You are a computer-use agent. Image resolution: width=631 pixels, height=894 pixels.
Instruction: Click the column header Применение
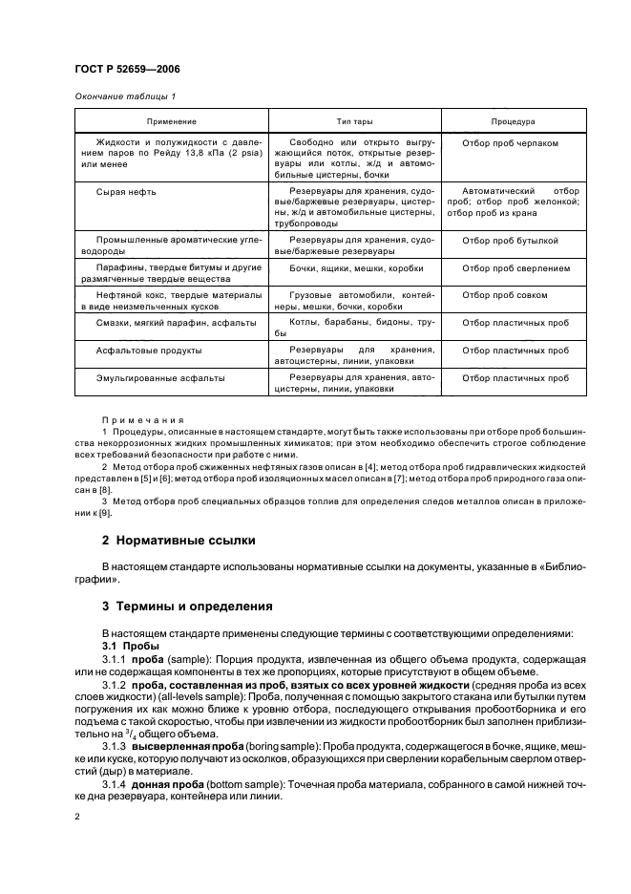coord(172,122)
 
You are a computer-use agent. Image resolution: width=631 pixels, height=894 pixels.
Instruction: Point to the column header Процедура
coord(513,122)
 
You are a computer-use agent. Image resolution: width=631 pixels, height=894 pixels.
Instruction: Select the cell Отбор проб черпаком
coord(510,143)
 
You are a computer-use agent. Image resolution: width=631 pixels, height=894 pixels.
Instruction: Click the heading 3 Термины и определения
coord(187,607)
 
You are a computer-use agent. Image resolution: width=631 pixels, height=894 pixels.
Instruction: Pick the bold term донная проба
coord(168,785)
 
